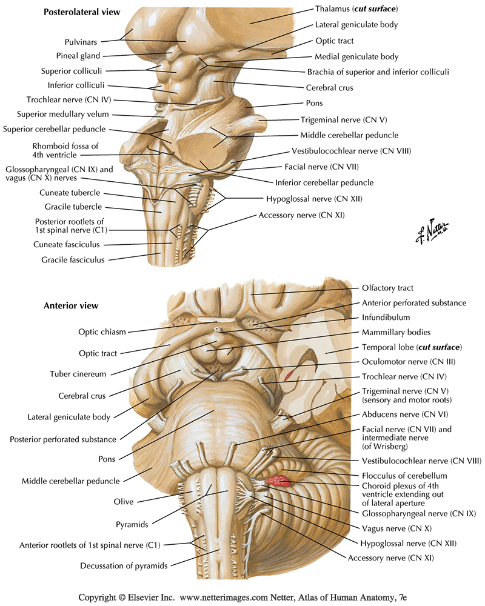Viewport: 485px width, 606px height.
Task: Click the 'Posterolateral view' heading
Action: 82,12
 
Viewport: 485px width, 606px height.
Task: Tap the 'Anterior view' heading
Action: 71,305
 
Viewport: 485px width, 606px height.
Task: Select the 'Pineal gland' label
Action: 78,56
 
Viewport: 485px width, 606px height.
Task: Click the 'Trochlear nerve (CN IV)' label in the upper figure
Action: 69,100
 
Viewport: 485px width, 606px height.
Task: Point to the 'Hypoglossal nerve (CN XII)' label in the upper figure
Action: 314,199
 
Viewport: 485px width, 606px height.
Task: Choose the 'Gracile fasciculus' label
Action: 73,260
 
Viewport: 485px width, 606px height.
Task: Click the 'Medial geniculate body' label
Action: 356,57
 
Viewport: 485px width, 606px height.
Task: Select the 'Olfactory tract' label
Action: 387,288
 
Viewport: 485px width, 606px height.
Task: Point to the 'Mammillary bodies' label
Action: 396,332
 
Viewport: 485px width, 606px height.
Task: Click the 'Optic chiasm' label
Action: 102,332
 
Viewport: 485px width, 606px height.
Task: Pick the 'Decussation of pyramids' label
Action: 124,566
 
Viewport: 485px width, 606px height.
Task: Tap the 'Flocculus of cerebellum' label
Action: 404,476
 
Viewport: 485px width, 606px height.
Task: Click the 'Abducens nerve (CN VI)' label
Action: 405,415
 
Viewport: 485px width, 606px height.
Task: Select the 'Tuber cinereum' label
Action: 78,374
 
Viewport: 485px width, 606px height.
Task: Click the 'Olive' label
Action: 124,502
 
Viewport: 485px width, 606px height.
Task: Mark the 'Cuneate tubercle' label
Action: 70,193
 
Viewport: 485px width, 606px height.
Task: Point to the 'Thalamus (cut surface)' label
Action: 356,8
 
